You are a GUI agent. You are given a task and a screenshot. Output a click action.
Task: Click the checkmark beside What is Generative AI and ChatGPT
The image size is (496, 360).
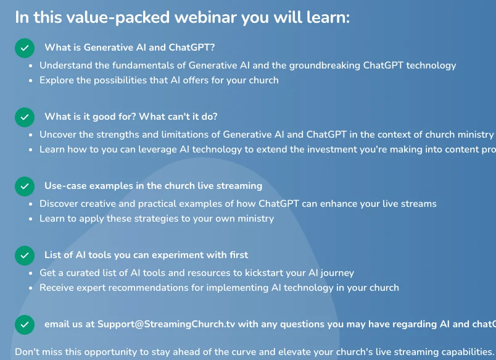point(25,48)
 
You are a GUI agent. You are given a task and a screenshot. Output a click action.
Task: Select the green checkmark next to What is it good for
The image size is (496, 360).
point(25,117)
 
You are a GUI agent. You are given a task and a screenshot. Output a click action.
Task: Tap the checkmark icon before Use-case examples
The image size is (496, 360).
point(25,186)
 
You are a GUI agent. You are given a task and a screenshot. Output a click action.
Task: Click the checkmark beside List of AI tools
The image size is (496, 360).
point(25,255)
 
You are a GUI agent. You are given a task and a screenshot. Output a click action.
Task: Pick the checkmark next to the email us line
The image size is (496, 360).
point(25,324)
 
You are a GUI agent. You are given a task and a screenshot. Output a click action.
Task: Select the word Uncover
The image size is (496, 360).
point(59,135)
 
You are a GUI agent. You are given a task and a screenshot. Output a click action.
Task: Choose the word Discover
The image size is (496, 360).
point(60,204)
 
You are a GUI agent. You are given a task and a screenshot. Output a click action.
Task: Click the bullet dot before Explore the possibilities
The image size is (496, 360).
point(31,81)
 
